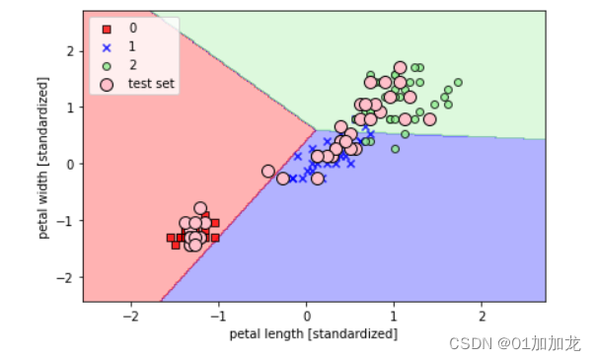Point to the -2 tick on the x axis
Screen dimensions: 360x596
[129, 315]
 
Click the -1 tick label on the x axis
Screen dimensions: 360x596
[217, 315]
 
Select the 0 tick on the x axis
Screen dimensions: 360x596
[306, 315]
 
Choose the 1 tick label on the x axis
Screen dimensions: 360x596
[394, 315]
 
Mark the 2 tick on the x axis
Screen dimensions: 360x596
[482, 315]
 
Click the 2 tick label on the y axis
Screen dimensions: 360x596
[70, 49]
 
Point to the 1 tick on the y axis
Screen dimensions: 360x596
[70, 107]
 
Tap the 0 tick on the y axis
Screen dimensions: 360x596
[70, 164]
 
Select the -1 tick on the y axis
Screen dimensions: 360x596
[67, 221]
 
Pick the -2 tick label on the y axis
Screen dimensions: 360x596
[67, 278]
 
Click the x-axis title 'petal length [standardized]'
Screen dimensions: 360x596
[314, 334]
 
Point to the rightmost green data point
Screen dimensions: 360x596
[458, 82]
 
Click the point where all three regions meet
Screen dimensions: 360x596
[315, 129]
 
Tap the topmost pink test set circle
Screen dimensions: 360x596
[400, 68]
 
